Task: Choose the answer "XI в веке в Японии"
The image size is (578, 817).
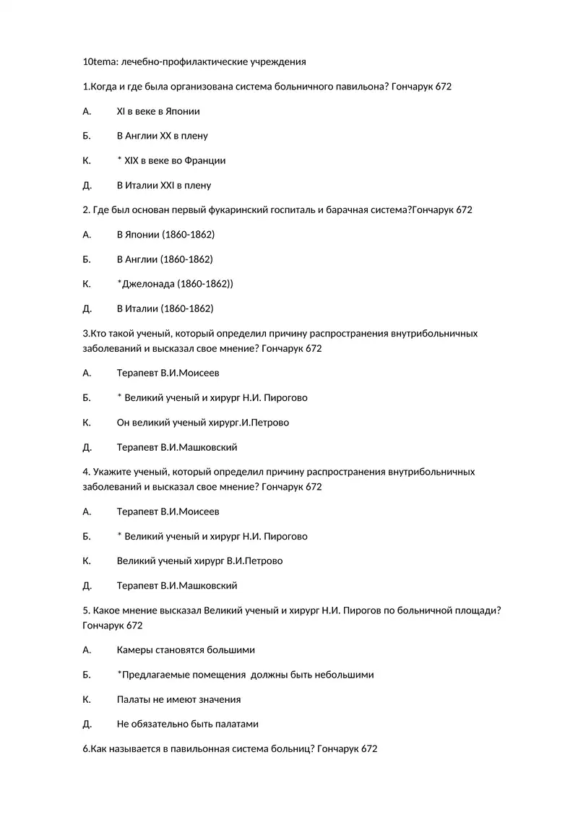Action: (158, 111)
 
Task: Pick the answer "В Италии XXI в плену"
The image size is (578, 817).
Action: (164, 186)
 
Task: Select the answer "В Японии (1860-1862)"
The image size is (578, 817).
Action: (165, 235)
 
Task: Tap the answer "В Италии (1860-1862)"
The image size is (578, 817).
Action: (165, 308)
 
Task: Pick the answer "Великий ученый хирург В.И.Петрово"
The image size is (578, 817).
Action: (199, 561)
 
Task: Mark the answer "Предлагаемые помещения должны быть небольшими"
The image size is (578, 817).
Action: (247, 675)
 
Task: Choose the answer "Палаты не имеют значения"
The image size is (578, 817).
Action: (178, 699)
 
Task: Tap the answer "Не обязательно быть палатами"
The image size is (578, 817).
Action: (187, 724)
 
